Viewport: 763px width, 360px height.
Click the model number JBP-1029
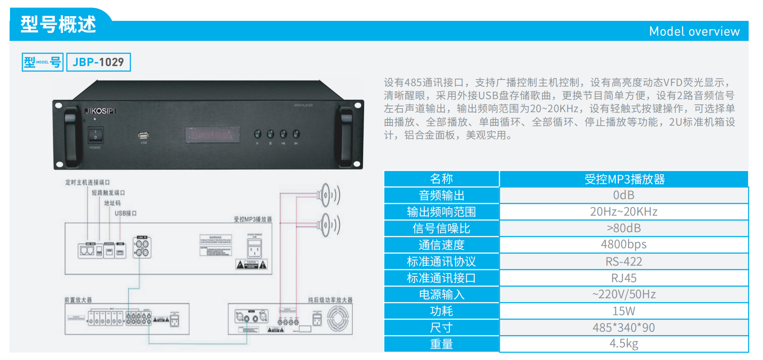tap(98, 62)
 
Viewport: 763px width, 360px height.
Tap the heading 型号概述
tap(58, 24)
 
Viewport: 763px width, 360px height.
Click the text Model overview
tap(694, 31)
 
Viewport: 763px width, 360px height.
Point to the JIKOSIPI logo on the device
tap(100, 111)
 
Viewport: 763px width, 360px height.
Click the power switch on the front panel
tap(95, 135)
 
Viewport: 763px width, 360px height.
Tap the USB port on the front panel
tap(143, 135)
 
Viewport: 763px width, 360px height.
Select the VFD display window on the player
tap(212, 135)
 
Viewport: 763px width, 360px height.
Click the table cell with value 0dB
tap(624, 195)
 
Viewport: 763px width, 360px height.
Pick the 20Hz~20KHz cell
tap(624, 212)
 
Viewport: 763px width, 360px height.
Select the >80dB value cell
tap(624, 228)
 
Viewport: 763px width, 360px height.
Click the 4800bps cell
tap(624, 245)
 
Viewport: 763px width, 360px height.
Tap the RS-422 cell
tap(624, 261)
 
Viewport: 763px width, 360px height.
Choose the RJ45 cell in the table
tap(624, 278)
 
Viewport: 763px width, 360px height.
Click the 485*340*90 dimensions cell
tap(624, 327)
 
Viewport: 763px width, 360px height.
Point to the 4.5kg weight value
tap(624, 344)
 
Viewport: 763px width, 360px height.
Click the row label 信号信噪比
tap(441, 228)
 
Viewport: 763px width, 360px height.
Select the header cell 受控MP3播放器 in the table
tap(624, 179)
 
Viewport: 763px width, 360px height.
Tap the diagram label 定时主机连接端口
tap(87, 182)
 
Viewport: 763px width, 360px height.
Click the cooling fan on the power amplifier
tap(338, 318)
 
